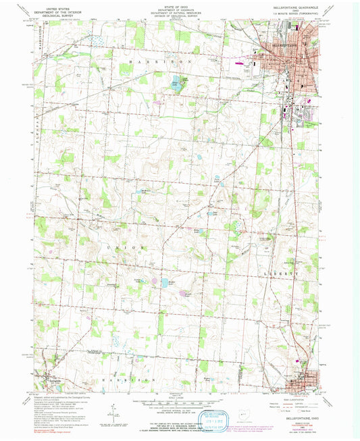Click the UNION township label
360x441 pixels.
pyautogui.click(x=125, y=248)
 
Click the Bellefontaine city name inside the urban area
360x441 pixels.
pyautogui.click(x=277, y=45)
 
